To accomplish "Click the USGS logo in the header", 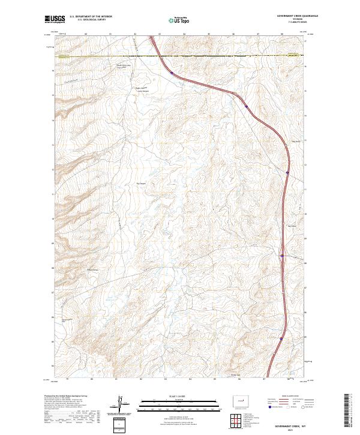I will (x=55, y=20).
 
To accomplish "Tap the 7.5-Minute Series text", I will (x=297, y=23).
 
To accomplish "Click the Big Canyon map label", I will (x=142, y=183).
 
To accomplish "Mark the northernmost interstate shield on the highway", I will (x=172, y=73).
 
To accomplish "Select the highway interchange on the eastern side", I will (x=282, y=255).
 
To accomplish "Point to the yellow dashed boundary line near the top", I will (x=180, y=57).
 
